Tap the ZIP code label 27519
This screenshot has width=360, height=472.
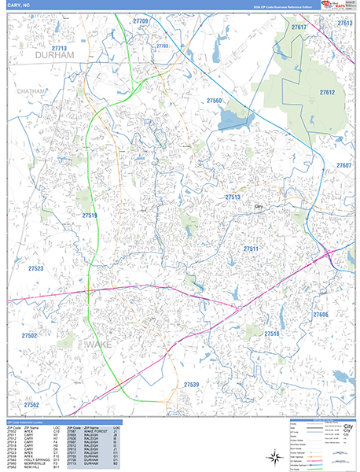[x=90, y=215]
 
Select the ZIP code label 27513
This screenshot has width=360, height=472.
[x=233, y=197]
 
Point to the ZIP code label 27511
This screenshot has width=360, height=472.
[x=251, y=248]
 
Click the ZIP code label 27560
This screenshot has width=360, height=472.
[x=215, y=101]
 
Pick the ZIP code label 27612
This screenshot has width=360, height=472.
[x=327, y=92]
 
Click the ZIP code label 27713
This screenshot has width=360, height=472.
[x=59, y=49]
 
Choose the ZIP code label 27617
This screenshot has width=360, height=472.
[x=299, y=28]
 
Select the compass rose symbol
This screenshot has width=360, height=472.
[x=274, y=455]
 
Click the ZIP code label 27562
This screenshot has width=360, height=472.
[x=32, y=404]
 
